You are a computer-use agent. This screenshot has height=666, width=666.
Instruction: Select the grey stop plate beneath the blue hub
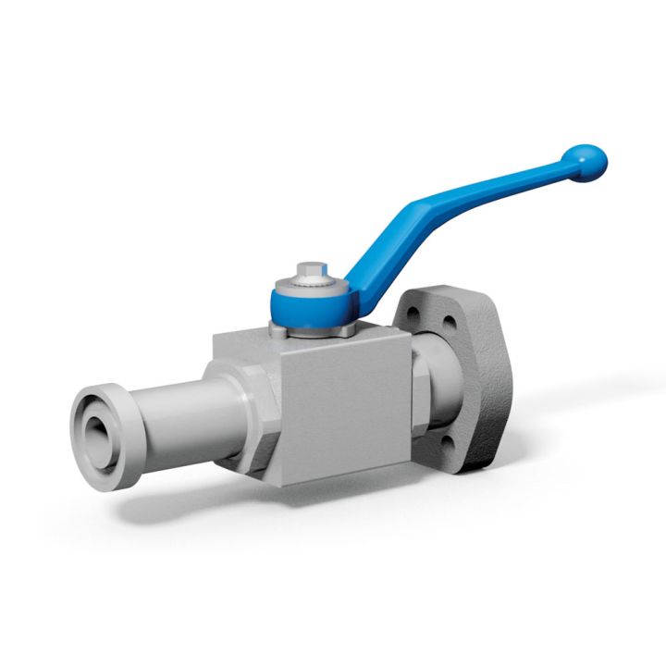[319, 329]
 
